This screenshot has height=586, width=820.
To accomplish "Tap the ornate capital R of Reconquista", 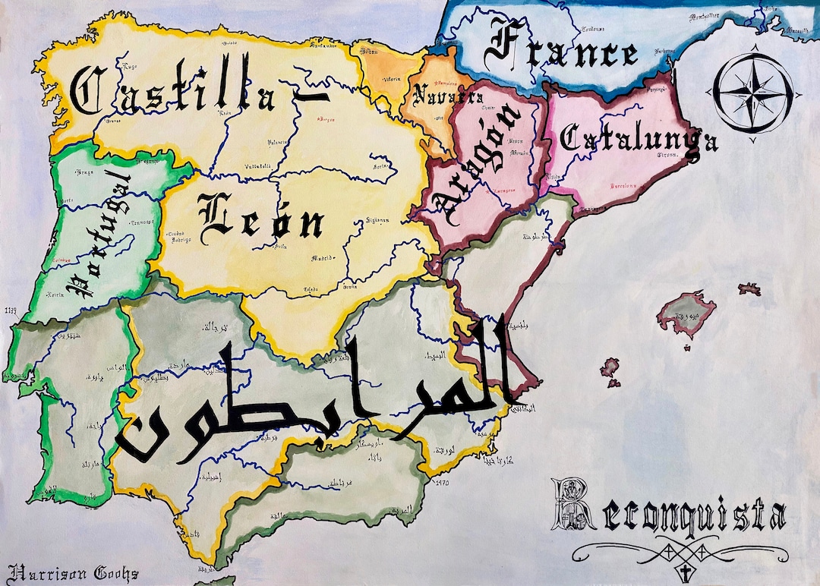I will tap(574, 506).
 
